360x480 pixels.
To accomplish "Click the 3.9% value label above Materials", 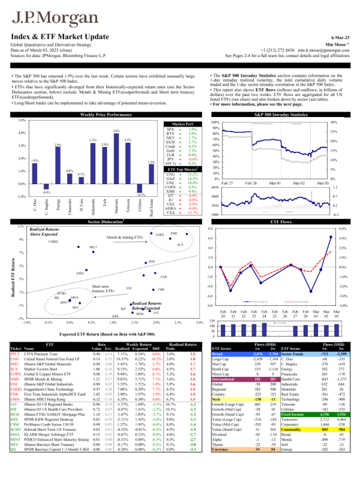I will coord(116,131).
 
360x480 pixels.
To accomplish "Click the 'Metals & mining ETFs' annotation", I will coord(125,238).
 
